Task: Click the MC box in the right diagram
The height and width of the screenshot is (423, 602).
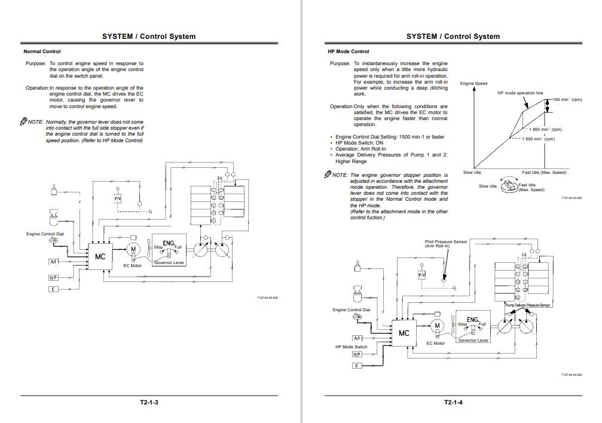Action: click(404, 333)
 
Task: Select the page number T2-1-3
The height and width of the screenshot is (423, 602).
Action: click(149, 402)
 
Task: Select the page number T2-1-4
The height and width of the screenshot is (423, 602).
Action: click(454, 402)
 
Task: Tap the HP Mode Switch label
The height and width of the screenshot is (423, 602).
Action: click(352, 347)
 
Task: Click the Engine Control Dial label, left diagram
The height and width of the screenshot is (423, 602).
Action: click(45, 234)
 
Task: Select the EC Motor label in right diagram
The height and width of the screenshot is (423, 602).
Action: click(436, 344)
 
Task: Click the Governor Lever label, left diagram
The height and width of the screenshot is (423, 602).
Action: click(169, 262)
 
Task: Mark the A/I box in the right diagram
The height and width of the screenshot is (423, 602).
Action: click(357, 339)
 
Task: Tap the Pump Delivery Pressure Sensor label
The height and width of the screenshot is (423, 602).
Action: click(528, 305)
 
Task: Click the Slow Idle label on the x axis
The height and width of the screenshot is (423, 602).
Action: click(472, 172)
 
